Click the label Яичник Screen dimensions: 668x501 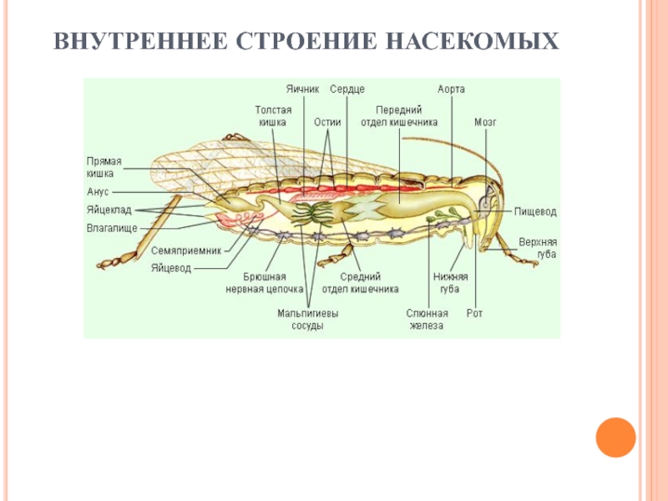point(302,89)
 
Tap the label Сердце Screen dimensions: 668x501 point(347,89)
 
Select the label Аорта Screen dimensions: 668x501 point(451,89)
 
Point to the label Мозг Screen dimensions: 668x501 point(485,121)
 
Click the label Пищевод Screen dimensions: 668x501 point(535,213)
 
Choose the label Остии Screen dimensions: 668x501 point(326,121)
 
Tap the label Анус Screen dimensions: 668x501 point(98,191)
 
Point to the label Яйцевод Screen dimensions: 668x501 point(171,268)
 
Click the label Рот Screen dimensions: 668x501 point(475,314)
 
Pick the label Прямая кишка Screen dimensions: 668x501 point(104,167)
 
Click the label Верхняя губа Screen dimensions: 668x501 point(537,248)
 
